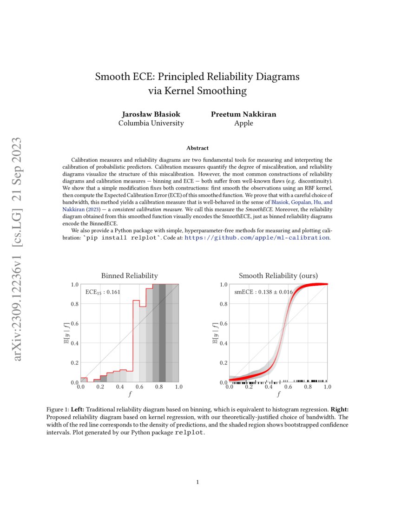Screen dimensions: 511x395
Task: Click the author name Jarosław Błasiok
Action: tap(151, 114)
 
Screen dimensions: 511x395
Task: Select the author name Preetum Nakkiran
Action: tap(244, 114)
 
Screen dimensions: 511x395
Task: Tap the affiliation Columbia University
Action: tap(151, 123)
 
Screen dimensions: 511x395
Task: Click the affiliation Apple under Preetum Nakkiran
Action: tap(244, 123)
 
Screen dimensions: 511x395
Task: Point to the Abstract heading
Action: tap(197, 148)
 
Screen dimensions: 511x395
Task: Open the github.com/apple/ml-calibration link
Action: tap(257, 237)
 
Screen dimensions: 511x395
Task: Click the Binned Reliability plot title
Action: tap(129, 275)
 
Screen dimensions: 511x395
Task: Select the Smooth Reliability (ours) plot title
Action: tap(278, 275)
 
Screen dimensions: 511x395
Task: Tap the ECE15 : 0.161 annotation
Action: tap(103, 292)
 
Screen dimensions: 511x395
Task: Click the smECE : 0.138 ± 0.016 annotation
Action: tap(263, 292)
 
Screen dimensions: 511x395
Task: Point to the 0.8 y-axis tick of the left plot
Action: tap(74, 304)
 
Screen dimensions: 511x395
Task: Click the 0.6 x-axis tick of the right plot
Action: tap(288, 387)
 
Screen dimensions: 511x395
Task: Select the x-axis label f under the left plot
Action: tap(129, 394)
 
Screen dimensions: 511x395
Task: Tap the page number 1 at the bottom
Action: tap(197, 482)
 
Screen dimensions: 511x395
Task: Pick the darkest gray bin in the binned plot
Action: tap(162, 333)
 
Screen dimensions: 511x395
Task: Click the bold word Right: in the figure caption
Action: tap(339, 410)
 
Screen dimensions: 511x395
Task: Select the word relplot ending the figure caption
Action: tap(189, 433)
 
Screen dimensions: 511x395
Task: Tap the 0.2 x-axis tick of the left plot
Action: tap(100, 387)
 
